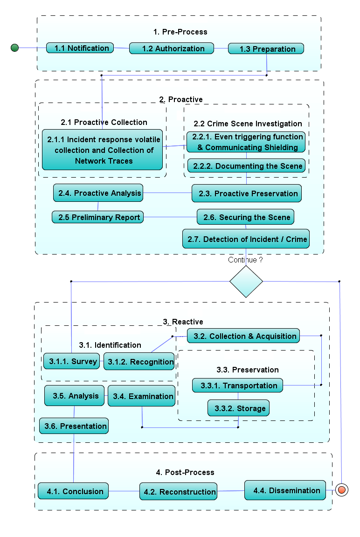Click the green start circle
pos(14,48)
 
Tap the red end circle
pos(342,490)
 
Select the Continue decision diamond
pos(246,282)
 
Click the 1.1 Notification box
pos(80,48)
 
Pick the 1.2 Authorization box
pos(172,48)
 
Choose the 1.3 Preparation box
pos(266,49)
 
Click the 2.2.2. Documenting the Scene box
pos(247,166)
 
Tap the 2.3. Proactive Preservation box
pos(246,193)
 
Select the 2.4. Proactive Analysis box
pos(98,193)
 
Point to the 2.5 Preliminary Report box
pos(97,217)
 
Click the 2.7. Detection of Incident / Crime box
pos(246,240)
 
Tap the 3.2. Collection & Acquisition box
pos(243,336)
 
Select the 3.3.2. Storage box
pos(238,408)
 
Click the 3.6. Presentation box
pos(74,426)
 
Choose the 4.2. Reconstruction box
pos(179,491)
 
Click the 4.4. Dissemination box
pos(285,490)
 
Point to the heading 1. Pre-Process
pos(180,32)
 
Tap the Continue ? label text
pos(245,260)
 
